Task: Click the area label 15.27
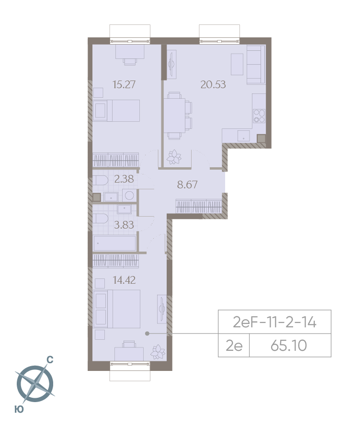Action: pos(124,85)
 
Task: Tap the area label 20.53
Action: pos(213,85)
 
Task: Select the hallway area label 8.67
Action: pos(187,185)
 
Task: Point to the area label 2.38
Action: pos(124,180)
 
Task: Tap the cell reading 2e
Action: pos(234,345)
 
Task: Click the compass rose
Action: pos(35,383)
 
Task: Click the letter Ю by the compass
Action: pos(20,409)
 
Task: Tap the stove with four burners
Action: pos(259,115)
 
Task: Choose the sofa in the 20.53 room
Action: pos(256,63)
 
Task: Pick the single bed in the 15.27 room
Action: pos(116,111)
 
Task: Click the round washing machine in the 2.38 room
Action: pos(129,195)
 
